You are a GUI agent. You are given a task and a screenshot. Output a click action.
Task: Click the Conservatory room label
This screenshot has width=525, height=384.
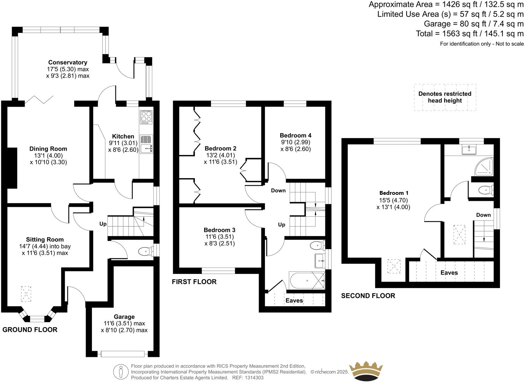pos(67,62)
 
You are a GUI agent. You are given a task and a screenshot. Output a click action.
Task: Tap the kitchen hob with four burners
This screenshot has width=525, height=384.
pos(146,117)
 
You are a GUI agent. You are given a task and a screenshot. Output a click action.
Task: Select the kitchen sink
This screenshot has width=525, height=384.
pos(146,149)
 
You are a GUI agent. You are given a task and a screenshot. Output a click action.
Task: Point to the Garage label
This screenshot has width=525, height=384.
pos(124,317)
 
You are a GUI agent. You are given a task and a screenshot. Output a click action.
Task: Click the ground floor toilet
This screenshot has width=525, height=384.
pos(145,252)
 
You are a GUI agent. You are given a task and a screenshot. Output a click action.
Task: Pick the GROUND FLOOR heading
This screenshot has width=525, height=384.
pos(30,330)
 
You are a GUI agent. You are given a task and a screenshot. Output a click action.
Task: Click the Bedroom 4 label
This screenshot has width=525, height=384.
pos(295,136)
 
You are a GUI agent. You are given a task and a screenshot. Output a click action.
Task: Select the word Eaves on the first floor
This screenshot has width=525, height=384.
pos(294,300)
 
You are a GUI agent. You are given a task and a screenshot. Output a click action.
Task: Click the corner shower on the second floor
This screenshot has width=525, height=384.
pos(483,167)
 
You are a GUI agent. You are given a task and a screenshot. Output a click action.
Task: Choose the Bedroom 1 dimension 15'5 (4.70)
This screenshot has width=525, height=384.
pos(394,200)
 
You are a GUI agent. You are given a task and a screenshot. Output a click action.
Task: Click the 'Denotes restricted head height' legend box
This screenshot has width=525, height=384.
pos(445,97)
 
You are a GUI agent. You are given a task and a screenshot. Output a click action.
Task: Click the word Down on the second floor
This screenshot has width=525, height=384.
pos(483,215)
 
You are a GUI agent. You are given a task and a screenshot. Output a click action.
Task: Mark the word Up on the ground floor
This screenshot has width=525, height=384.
pos(103,224)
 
